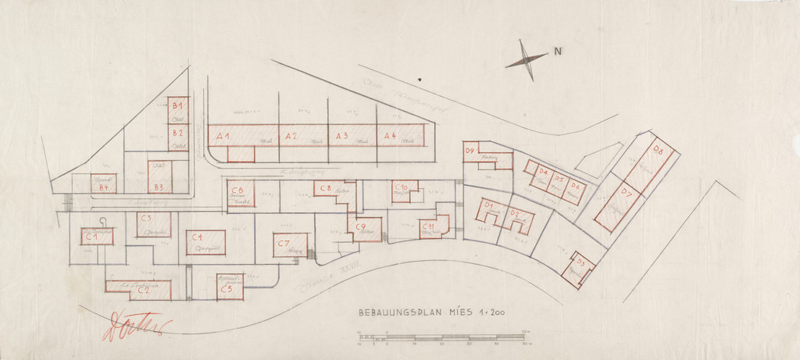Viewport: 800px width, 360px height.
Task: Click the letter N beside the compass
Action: [558, 53]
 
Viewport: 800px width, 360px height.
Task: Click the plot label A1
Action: [222, 137]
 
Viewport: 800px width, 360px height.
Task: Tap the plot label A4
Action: [389, 136]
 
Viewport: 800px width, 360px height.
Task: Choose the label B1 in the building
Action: [177, 105]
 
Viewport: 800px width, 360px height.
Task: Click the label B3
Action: [159, 187]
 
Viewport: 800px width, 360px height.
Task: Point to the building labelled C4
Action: [205, 241]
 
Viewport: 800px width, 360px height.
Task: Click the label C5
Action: [226, 290]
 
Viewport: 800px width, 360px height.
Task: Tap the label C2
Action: [145, 290]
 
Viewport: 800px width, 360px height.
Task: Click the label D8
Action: [658, 151]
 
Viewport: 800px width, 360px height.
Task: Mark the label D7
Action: [627, 192]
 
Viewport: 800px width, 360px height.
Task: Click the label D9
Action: [470, 150]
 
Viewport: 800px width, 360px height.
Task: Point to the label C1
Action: [91, 235]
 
